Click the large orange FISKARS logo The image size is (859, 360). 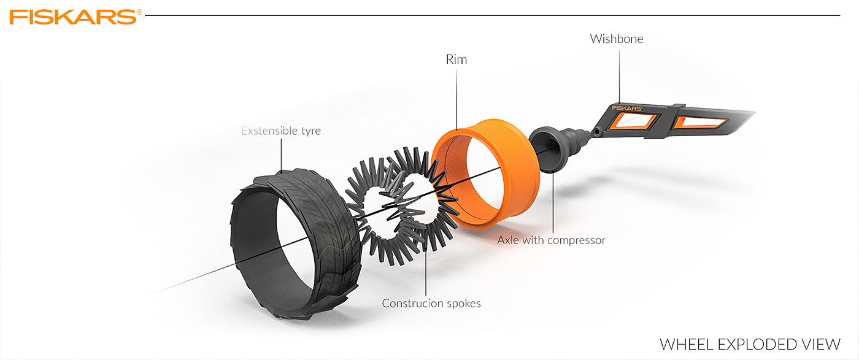point(73,17)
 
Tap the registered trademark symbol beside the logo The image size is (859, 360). point(139,13)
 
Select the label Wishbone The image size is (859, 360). point(616,39)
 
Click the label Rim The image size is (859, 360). point(456,59)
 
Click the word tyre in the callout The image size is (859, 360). point(311,131)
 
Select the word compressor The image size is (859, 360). point(576,241)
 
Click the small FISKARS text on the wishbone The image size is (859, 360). point(626,108)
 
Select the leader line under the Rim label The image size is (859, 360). point(456,99)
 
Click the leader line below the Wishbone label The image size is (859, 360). point(619,76)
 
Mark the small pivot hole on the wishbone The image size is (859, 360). point(596,132)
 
